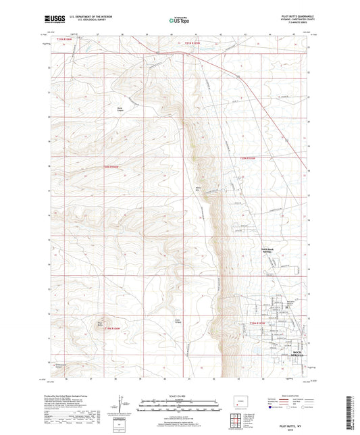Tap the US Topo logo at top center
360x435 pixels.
177,21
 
